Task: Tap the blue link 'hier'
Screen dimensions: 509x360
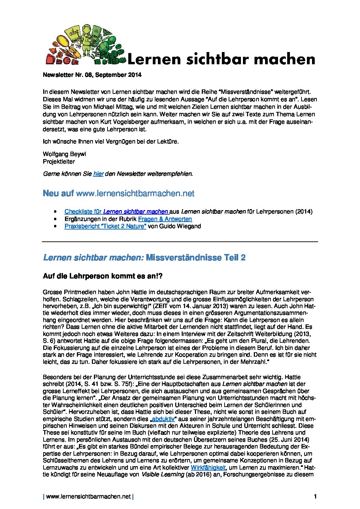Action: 98,174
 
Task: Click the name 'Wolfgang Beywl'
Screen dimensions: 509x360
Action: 60,154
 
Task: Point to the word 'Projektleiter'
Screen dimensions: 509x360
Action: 59,161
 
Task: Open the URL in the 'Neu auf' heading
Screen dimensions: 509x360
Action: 135,193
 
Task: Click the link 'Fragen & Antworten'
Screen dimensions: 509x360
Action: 165,219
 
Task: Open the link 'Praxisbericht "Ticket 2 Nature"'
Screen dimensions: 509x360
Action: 105,226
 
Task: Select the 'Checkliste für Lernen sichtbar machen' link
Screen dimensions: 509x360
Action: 116,211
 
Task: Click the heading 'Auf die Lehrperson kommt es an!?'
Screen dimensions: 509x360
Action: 103,276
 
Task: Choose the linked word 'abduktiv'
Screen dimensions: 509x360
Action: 163,419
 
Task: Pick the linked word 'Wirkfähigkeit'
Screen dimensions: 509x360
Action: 208,468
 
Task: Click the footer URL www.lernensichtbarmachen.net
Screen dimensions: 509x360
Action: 88,497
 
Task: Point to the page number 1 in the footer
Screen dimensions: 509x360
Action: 315,497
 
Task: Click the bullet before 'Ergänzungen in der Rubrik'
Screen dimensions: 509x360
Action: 55,219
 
